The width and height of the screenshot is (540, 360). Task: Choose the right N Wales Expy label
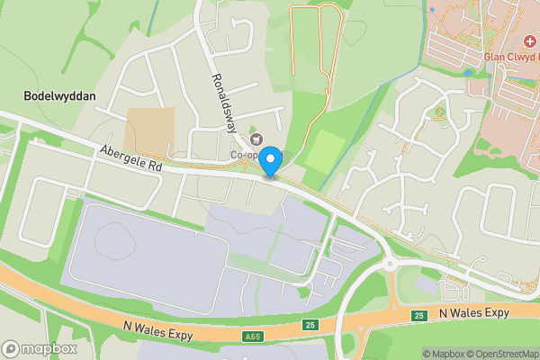474,312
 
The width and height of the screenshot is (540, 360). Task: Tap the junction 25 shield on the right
418,316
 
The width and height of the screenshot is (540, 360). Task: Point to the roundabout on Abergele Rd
391,264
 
